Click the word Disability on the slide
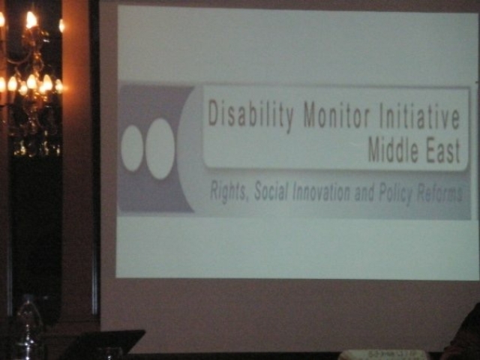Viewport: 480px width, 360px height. pyautogui.click(x=252, y=115)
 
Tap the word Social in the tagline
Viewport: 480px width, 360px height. pyautogui.click(x=271, y=193)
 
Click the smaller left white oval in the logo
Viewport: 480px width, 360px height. pyautogui.click(x=132, y=148)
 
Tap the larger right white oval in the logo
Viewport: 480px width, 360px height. pyautogui.click(x=160, y=148)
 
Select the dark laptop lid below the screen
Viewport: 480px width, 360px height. pyautogui.click(x=105, y=343)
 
